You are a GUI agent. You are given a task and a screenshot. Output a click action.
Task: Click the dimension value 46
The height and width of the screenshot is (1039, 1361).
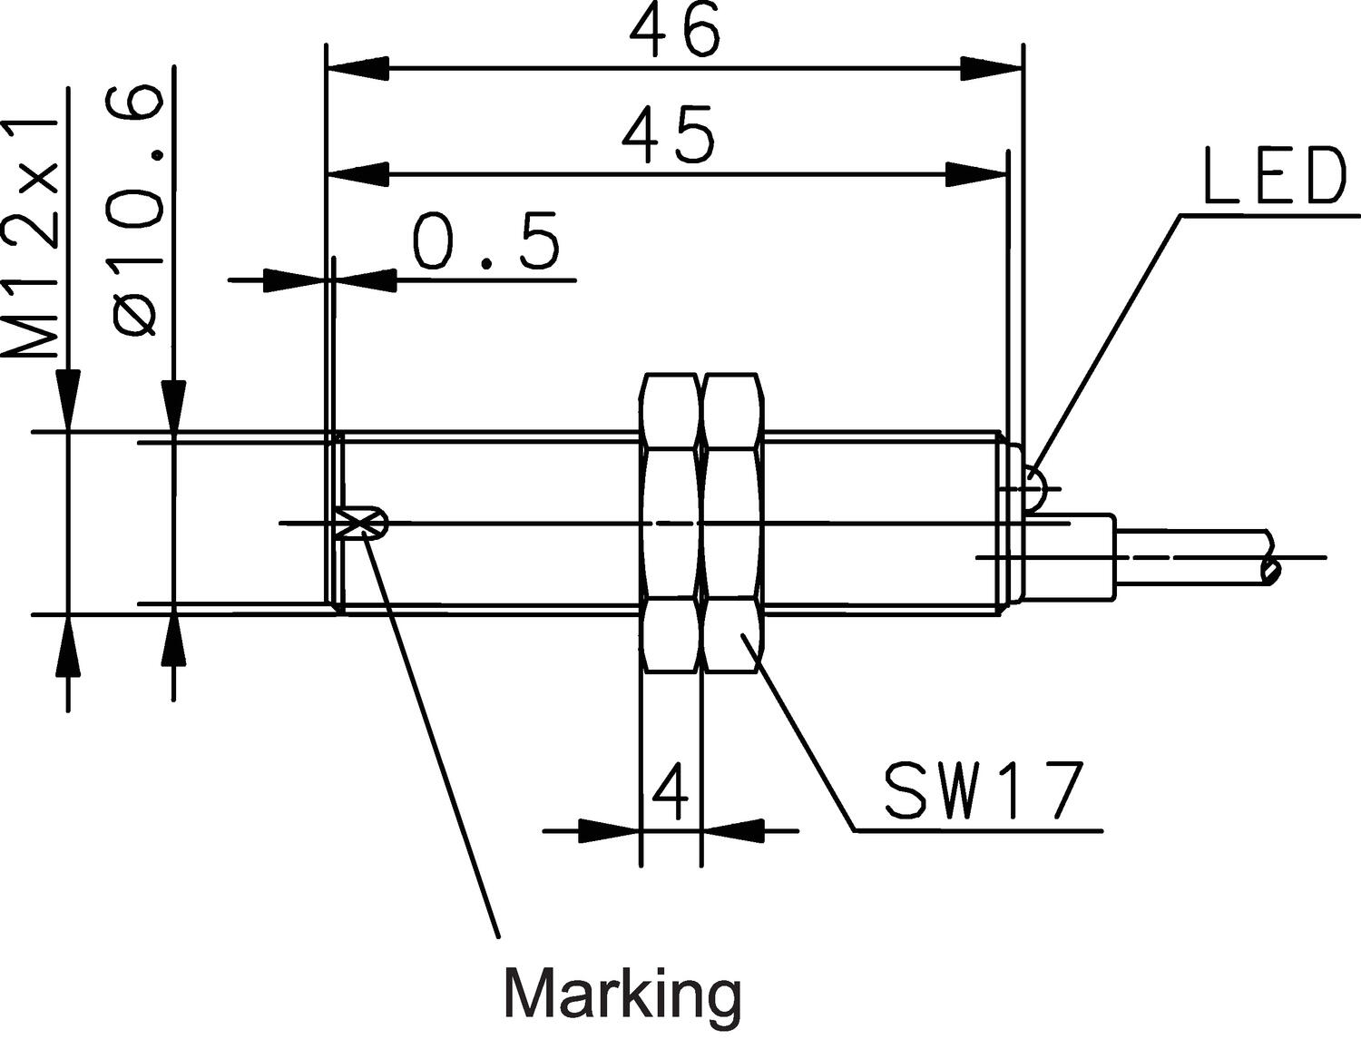(675, 31)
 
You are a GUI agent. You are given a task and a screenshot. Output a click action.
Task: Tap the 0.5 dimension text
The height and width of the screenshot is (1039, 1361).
(485, 241)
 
